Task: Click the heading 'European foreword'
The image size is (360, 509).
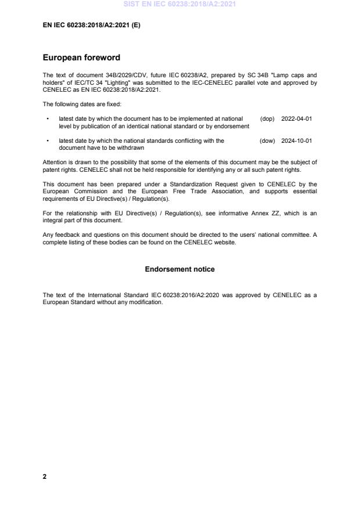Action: (81, 57)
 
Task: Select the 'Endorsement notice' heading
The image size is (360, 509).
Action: (179, 269)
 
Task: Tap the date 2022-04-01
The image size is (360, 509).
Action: (296, 118)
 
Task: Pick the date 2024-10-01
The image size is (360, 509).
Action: (296, 140)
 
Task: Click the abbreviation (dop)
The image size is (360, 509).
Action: (267, 118)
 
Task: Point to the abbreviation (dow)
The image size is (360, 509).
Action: (267, 140)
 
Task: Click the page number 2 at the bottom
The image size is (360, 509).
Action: (45, 476)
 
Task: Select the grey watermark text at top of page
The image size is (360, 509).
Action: (179, 4)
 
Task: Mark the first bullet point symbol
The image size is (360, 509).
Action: (47, 119)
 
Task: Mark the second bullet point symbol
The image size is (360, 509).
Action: (47, 141)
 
